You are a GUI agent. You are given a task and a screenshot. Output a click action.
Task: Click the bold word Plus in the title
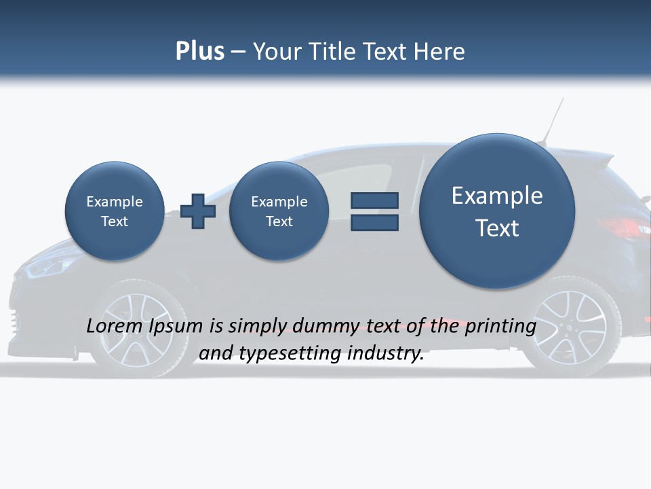coord(199,51)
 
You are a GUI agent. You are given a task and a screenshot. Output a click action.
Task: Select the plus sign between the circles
coord(198,211)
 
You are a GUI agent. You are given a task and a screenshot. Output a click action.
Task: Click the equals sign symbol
coord(374,211)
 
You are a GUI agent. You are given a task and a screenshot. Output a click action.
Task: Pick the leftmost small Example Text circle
coord(114,211)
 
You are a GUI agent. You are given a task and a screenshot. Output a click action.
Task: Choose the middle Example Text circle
coord(279,211)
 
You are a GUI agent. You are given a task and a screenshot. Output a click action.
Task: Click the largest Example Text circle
coord(497,211)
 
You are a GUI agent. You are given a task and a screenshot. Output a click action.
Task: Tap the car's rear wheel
coord(570,327)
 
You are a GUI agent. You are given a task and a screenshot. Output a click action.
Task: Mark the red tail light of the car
coord(620,228)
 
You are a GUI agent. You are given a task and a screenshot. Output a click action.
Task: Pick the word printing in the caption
coord(500,326)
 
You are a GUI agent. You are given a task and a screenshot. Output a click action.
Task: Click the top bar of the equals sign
coord(374,200)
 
